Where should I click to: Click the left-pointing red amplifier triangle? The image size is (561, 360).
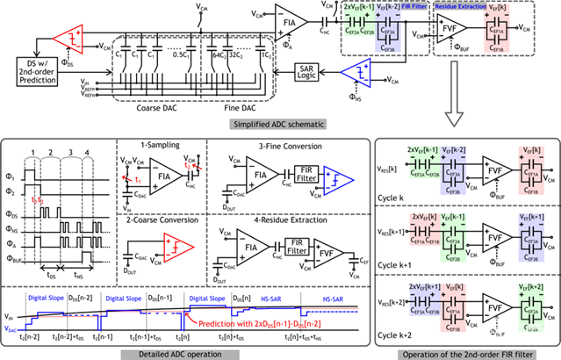coord(68,39)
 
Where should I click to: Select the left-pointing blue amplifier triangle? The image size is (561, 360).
coord(356,73)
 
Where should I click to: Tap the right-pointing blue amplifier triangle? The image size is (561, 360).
coord(337,180)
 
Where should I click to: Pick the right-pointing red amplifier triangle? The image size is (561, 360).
coord(178,247)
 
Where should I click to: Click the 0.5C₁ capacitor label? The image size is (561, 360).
coord(181,54)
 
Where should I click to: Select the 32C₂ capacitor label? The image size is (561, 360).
coord(237,54)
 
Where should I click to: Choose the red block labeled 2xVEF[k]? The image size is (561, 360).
coord(424,229)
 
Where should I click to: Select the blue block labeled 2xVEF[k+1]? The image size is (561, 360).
coord(424,299)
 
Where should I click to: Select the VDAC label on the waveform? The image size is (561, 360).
coord(11,328)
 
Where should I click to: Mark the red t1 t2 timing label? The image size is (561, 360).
coord(38,200)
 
